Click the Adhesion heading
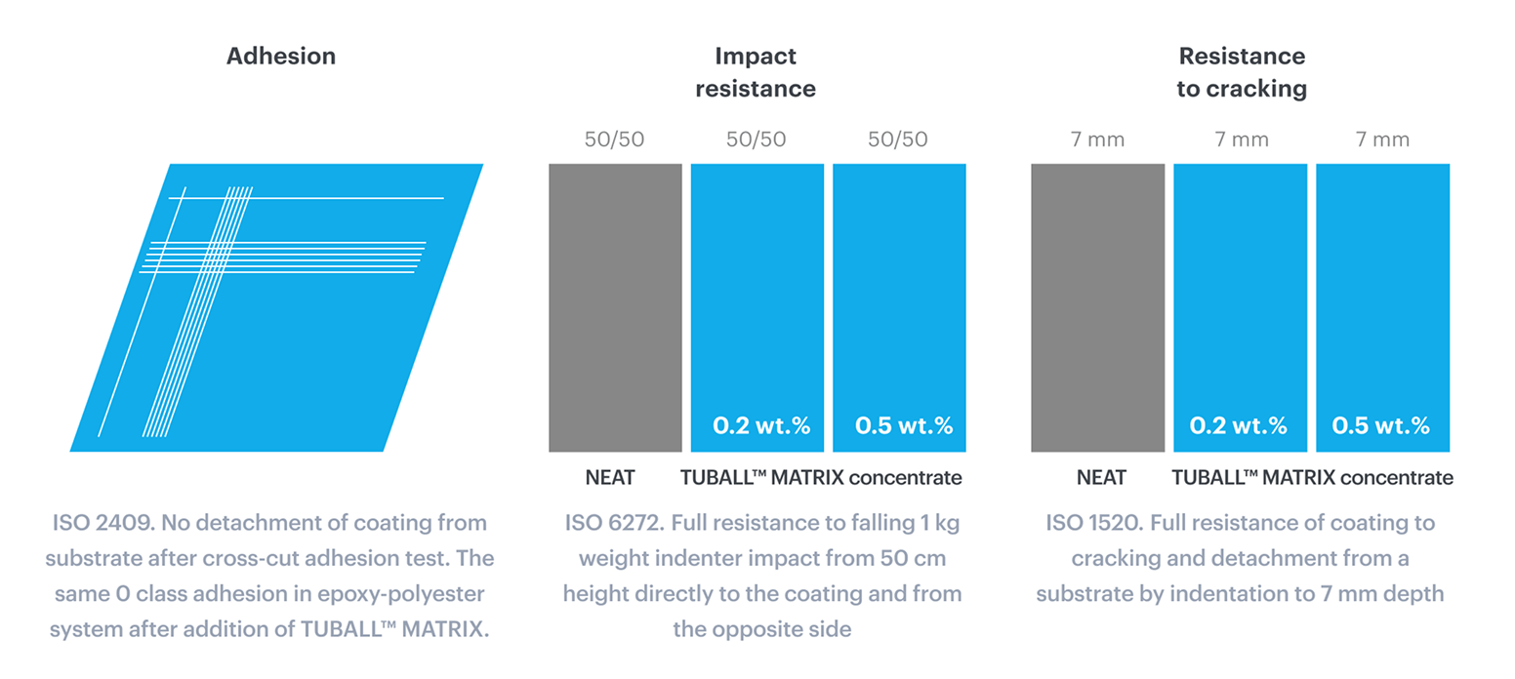coord(281,57)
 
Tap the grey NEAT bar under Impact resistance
coord(615,307)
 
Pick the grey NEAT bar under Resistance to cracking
coord(1097,307)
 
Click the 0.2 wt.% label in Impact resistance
coord(761,426)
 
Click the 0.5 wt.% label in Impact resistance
coord(904,426)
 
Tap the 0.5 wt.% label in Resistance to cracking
coord(1380,426)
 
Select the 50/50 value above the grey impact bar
coord(616,140)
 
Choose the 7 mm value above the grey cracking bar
coord(1098,140)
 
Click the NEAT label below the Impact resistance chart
coord(610,478)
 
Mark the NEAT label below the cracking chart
coord(1101,478)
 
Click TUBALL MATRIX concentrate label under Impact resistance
coord(820,478)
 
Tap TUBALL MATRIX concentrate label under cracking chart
coord(1312,478)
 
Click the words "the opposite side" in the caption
coord(762,629)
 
